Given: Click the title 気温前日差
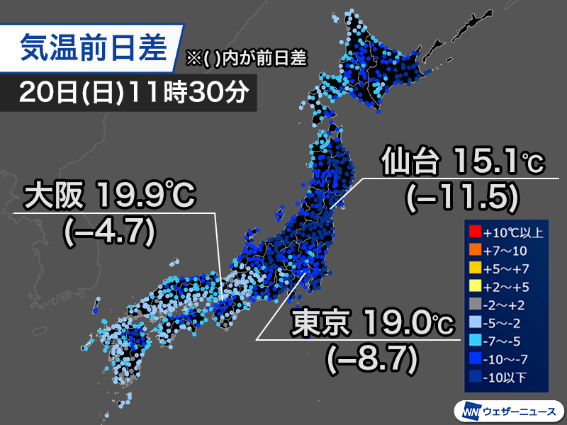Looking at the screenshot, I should (94, 48).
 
